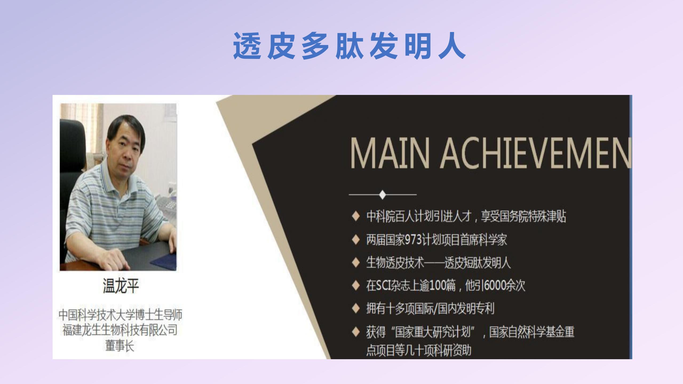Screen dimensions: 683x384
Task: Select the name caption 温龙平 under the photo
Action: tap(121, 286)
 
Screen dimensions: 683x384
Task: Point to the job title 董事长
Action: tap(120, 346)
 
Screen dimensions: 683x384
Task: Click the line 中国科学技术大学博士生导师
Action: tap(120, 315)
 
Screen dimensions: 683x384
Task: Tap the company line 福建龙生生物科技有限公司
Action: tap(120, 330)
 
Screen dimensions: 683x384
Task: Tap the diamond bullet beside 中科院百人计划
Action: tap(356, 217)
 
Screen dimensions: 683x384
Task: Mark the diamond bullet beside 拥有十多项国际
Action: tap(356, 309)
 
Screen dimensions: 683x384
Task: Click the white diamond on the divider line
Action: tap(383, 194)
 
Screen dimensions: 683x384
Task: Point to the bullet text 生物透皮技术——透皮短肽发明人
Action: tap(438, 263)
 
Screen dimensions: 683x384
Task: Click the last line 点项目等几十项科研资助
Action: tap(419, 350)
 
